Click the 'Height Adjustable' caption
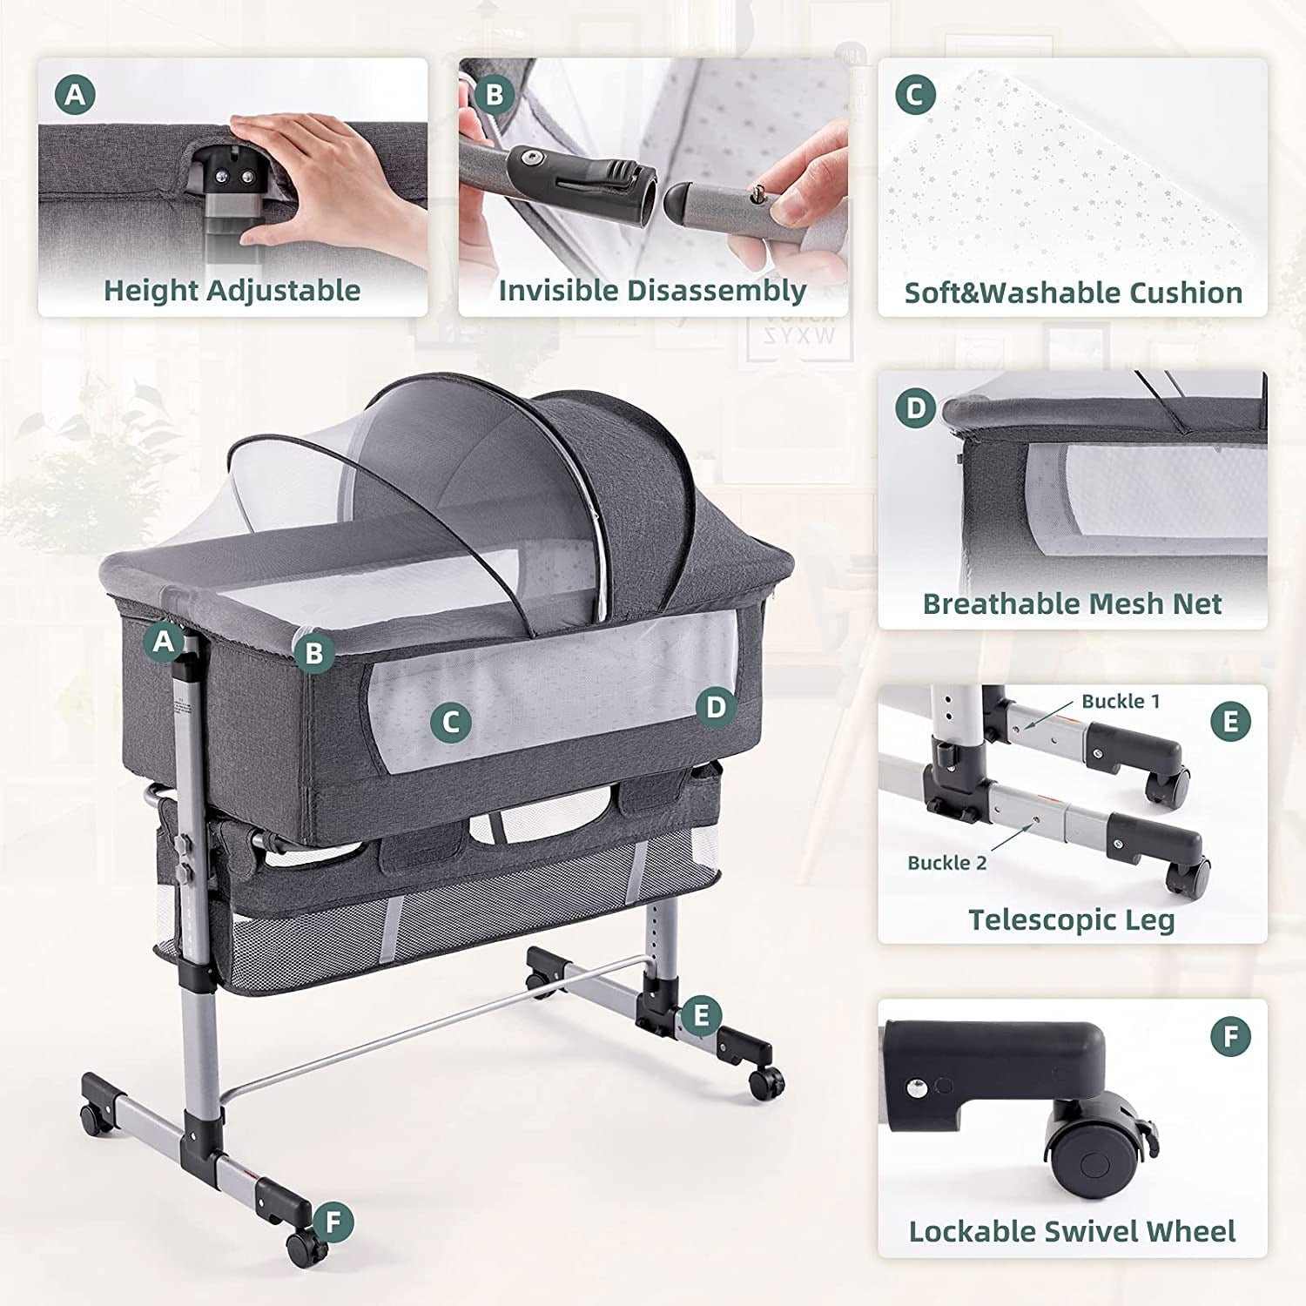point(232,290)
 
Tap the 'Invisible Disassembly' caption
point(652,290)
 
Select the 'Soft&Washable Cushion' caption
point(1073,293)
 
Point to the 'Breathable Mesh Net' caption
point(1073,603)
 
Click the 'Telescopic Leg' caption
point(1072,919)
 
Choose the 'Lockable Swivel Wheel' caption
point(1072,1231)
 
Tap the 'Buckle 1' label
point(1121,701)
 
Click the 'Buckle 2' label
point(947,863)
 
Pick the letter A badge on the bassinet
point(163,642)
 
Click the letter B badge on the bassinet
point(314,652)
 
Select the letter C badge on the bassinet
point(451,722)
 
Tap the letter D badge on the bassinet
point(716,707)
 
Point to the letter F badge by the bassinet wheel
point(333,1222)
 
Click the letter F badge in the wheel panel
point(1231,1036)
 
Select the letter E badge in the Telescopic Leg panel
point(1231,722)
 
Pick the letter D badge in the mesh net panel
point(916,408)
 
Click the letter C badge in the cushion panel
point(915,95)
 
